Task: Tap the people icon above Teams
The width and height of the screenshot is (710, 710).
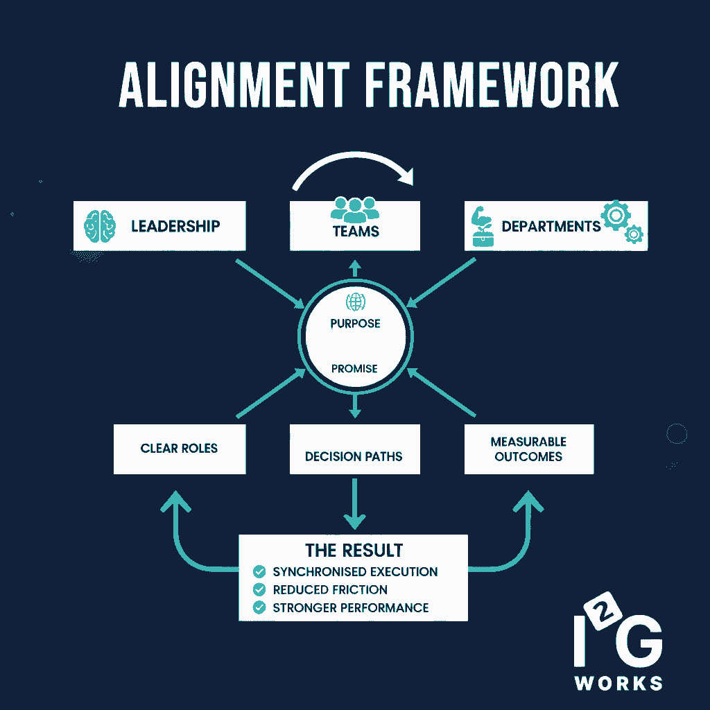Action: pos(355,209)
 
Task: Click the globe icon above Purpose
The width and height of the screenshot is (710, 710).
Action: pos(355,302)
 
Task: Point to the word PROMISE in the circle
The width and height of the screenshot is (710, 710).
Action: pos(354,369)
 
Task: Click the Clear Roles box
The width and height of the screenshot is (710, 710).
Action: pos(180,449)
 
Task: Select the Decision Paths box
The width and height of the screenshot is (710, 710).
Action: pos(354,449)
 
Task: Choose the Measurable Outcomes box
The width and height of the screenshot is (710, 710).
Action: pos(528,449)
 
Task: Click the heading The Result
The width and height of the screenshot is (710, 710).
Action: pos(354,551)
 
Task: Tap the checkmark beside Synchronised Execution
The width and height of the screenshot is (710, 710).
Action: pos(259,572)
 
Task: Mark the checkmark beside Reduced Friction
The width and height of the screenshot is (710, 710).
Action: pos(259,590)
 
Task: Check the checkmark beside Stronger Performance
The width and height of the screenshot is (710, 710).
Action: pos(259,608)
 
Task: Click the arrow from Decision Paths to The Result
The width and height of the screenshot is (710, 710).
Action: pos(354,502)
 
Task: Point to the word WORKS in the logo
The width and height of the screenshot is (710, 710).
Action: pos(618,682)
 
